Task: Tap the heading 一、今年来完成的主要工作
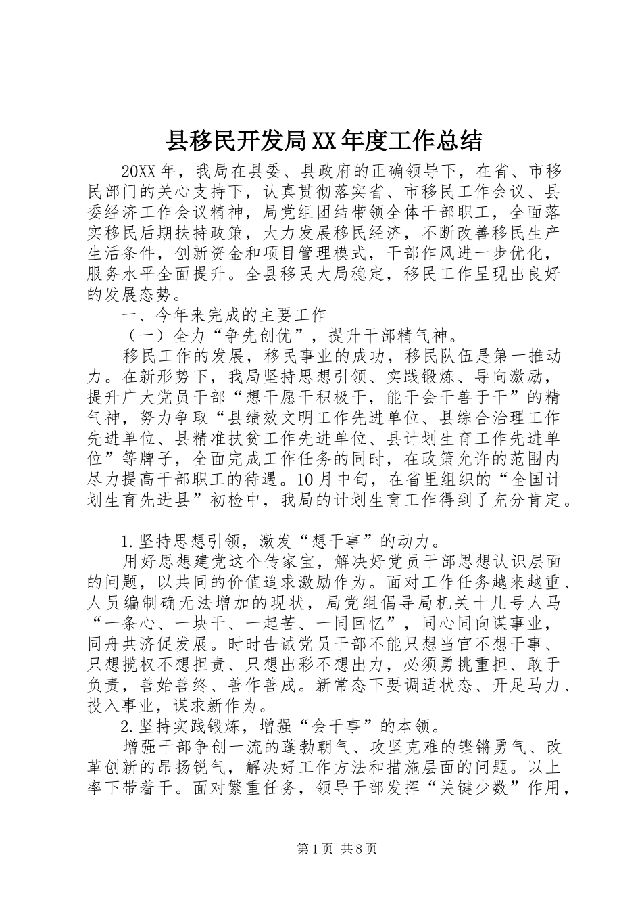click(x=224, y=315)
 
